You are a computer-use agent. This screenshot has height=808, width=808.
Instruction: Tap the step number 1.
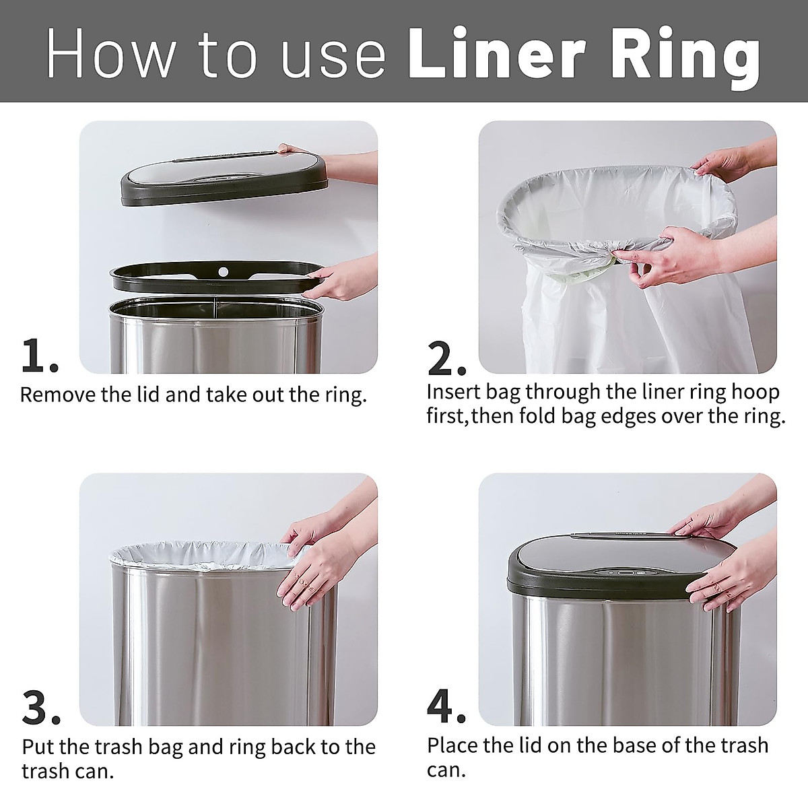coord(39,356)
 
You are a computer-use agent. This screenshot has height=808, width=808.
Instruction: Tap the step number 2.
coord(446,359)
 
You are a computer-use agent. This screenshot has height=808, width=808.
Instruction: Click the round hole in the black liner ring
coord(220,273)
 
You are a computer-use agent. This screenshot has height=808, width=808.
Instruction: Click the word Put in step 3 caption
coord(36,747)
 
